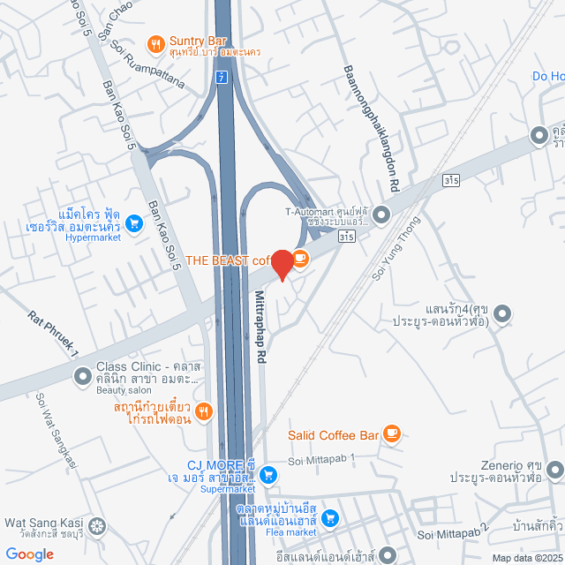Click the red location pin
pos(282,265)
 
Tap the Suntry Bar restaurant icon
pos(155,42)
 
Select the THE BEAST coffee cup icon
pos(300,259)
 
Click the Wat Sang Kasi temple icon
pos(96,528)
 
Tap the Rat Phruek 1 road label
pos(53,334)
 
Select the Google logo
pos(28,554)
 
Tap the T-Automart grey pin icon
pos(381,214)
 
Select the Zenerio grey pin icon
pos(555,468)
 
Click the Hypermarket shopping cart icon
pos(133,224)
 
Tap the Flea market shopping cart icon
pos(328,517)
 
